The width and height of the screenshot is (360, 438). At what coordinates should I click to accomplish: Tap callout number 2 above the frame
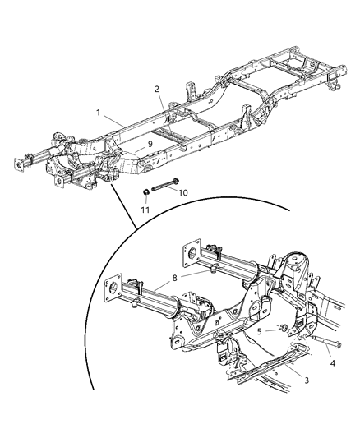coord(156,90)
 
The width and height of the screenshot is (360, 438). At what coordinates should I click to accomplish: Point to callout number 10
coord(183,192)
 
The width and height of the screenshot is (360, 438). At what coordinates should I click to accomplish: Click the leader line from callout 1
coord(113,118)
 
